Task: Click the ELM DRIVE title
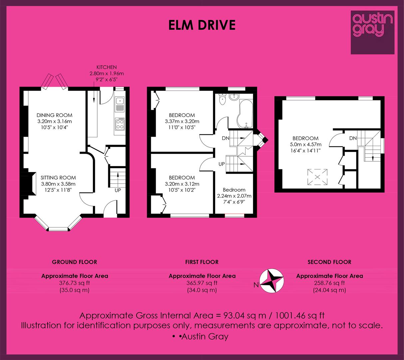click(x=202, y=25)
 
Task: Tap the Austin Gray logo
click(x=372, y=32)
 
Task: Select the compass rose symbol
click(x=271, y=281)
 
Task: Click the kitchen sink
click(x=120, y=105)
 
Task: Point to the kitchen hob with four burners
click(x=120, y=124)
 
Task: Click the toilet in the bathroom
click(x=222, y=99)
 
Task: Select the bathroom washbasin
click(x=234, y=97)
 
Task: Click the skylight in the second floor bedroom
click(x=317, y=177)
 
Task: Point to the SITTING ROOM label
click(x=58, y=178)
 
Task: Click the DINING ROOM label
click(x=54, y=115)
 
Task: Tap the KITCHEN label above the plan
click(x=107, y=67)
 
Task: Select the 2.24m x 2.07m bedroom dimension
click(x=234, y=196)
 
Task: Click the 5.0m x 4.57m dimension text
click(x=305, y=144)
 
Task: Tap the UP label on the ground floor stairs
click(x=118, y=190)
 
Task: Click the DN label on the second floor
click(x=353, y=138)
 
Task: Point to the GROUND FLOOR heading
click(x=75, y=262)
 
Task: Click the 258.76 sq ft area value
click(x=329, y=283)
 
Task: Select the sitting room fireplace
click(x=28, y=184)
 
